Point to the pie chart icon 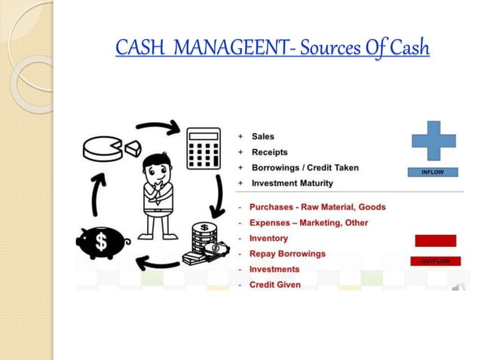pos(106,147)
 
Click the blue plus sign pos(434,142)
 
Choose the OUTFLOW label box pos(435,261)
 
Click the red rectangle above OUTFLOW pos(435,240)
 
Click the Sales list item pos(262,137)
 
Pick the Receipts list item pos(268,152)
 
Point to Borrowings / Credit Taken pos(305,167)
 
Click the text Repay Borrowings pos(287,254)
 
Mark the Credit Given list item pos(274,285)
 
